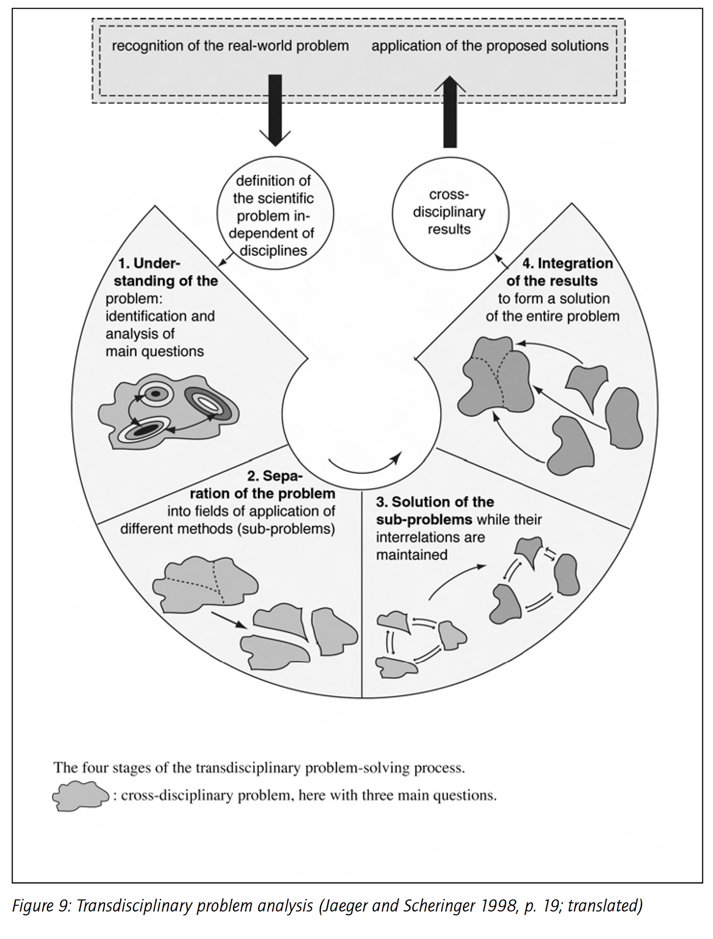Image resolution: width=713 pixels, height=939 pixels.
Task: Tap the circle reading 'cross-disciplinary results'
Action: tap(450, 212)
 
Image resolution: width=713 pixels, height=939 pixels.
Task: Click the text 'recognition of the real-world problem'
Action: tap(230, 46)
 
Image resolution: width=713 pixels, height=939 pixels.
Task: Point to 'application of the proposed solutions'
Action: tap(490, 46)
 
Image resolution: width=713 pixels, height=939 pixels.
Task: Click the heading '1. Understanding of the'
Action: tap(165, 272)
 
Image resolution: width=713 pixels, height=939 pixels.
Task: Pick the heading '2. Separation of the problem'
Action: tap(263, 485)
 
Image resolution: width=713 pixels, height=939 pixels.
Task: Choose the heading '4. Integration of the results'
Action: tap(559, 272)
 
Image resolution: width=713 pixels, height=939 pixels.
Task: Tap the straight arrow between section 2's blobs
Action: tap(229, 620)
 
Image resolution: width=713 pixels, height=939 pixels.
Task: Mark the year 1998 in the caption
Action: tap(499, 906)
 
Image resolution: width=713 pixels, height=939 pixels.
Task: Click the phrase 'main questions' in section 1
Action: tap(155, 351)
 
